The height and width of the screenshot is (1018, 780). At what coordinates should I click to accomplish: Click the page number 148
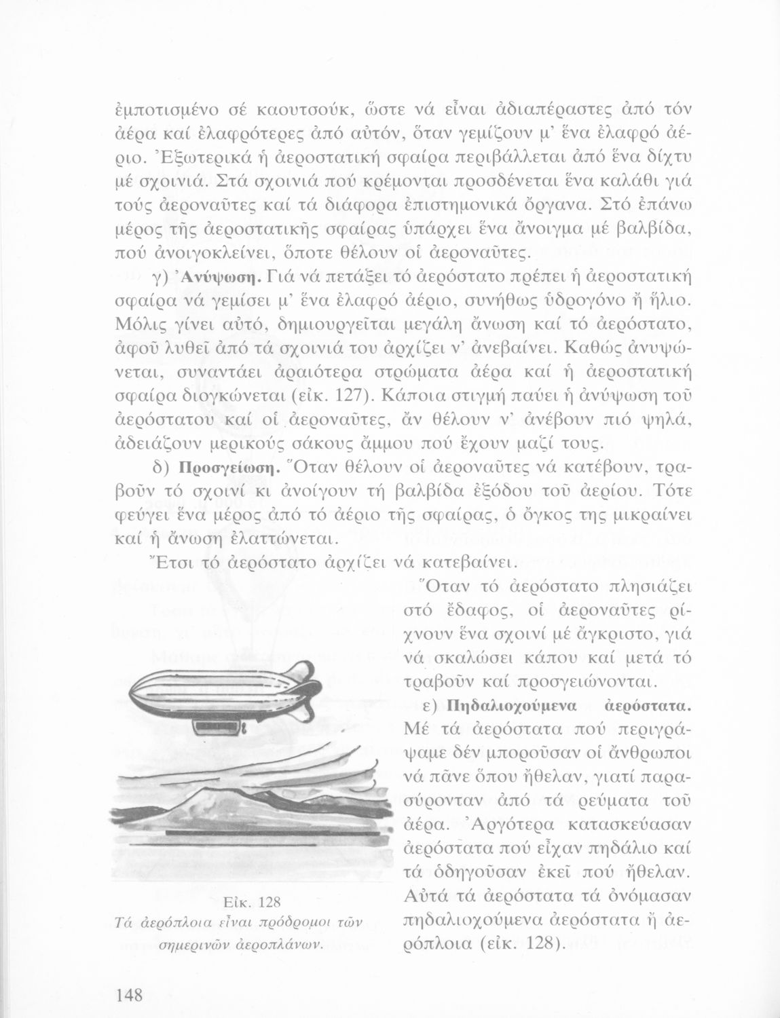coord(128,996)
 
